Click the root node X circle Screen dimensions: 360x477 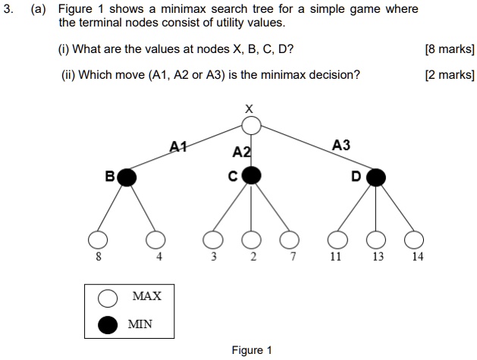(252, 124)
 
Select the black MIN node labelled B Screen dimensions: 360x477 (127, 177)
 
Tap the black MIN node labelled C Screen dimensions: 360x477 (251, 177)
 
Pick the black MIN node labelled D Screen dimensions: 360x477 (375, 177)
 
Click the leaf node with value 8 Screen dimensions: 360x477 (96, 240)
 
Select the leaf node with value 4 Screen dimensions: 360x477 (156, 240)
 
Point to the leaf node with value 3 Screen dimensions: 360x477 (213, 240)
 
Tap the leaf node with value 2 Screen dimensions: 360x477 (252, 240)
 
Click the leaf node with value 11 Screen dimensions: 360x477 (336, 240)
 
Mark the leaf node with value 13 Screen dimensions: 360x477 (376, 240)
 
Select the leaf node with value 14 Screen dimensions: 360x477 (414, 240)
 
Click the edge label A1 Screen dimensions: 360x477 (178, 146)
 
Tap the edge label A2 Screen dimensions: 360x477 (241, 152)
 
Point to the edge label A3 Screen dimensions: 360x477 (341, 145)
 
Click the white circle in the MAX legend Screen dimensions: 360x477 (108, 296)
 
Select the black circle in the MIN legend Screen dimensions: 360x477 (108, 324)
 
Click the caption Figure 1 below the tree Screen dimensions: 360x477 (252, 349)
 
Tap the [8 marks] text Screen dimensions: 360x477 (450, 50)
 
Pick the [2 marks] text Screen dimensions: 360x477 (450, 74)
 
